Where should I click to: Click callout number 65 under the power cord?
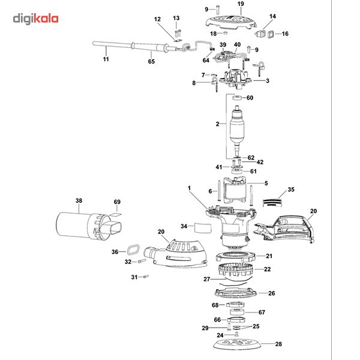pyautogui.click(x=151, y=62)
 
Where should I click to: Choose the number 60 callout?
pyautogui.click(x=250, y=98)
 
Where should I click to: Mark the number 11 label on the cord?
pyautogui.click(x=106, y=59)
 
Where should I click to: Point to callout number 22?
pyautogui.click(x=268, y=269)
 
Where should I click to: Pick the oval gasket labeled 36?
pyautogui.click(x=132, y=250)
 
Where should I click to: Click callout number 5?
pyautogui.click(x=266, y=183)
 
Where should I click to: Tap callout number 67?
pyautogui.click(x=262, y=312)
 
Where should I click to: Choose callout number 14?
pyautogui.click(x=272, y=16)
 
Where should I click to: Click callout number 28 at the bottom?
pyautogui.click(x=277, y=344)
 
